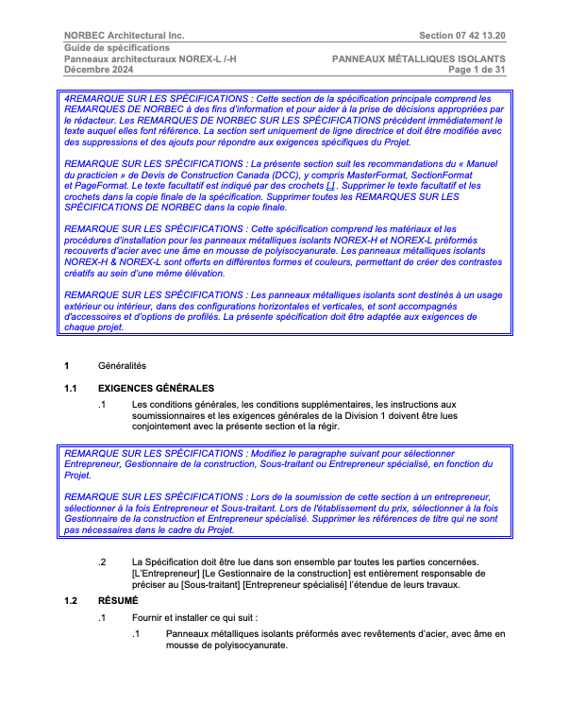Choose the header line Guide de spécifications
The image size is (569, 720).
[x=117, y=47]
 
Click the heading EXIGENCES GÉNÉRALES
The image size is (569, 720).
[x=157, y=389]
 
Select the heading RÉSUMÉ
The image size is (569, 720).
[x=118, y=600]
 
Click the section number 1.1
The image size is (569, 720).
[x=71, y=389]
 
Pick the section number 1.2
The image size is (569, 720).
[x=71, y=600]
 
